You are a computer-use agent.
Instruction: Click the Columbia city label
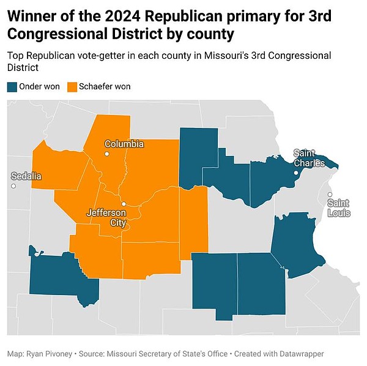click(124, 144)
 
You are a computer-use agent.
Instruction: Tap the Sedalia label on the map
click(26, 176)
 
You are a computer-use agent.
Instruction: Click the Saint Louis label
click(339, 207)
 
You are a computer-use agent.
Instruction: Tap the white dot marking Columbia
click(106, 154)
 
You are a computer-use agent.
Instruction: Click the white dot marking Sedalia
click(13, 185)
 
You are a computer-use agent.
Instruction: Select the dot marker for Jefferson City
click(123, 204)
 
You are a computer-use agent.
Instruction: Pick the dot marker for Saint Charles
click(295, 173)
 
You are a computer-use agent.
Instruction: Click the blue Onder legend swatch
click(12, 86)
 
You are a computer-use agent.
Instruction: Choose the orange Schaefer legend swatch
click(72, 86)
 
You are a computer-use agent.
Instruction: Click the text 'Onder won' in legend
click(40, 86)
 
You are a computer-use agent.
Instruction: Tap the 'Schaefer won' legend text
click(105, 86)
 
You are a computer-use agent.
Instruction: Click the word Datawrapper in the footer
click(301, 354)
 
